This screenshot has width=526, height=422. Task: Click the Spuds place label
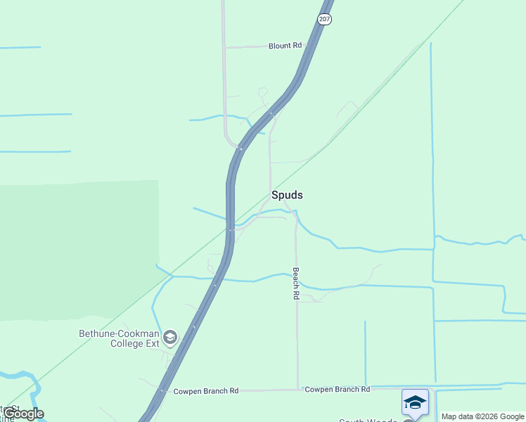(x=287, y=195)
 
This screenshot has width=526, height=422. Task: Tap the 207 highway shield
(x=323, y=19)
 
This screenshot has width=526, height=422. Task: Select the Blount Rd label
(x=285, y=46)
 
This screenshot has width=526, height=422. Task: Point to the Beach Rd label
(x=296, y=284)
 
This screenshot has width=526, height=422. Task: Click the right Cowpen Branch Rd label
(x=337, y=389)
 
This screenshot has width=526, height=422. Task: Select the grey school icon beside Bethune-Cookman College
(x=169, y=338)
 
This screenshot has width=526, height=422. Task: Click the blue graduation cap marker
(x=415, y=402)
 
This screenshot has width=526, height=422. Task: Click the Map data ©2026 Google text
(x=482, y=416)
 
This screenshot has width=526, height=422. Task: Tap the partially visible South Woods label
(x=369, y=421)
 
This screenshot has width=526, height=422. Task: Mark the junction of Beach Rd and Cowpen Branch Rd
(x=298, y=390)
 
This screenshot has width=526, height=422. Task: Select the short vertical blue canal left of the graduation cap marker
(x=365, y=352)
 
